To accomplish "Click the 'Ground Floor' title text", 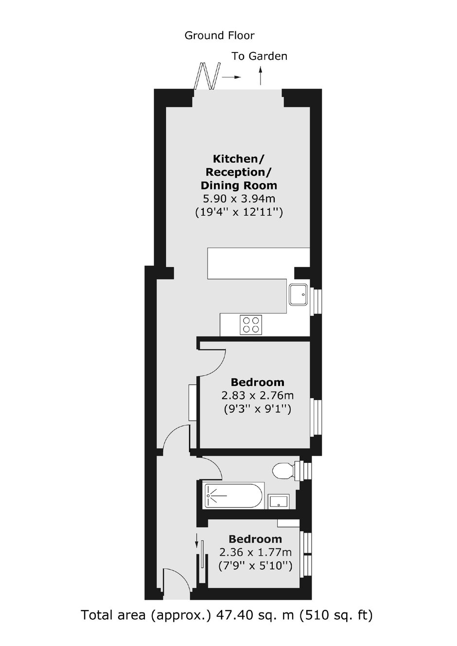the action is pos(219,35).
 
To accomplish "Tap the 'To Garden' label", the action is pos(260,56).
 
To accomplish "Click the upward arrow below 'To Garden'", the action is pos(261,76).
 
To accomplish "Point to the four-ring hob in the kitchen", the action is pos(251,325).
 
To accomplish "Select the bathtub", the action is pos(234,495).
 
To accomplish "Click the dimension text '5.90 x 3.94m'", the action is pos(239,199).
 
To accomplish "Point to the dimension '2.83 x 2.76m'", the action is pos(258,395).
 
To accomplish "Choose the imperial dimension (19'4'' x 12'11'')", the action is pos(239,212).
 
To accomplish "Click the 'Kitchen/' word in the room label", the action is pos(239,159).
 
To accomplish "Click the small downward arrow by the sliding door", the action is pos(196,541).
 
